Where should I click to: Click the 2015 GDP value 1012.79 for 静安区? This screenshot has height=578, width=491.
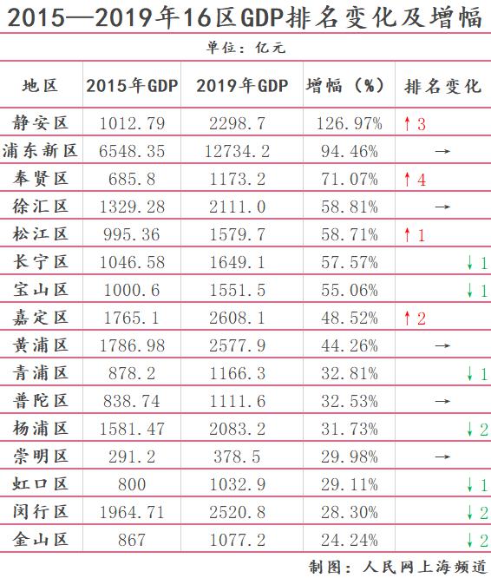[x=132, y=123]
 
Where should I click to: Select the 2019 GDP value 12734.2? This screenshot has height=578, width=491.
[x=237, y=151]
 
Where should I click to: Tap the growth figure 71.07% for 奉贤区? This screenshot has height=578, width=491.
[x=350, y=179]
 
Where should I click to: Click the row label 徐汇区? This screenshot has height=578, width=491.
[x=41, y=206]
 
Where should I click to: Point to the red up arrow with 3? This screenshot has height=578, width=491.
[x=415, y=124]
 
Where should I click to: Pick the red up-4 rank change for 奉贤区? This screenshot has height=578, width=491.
[x=415, y=180]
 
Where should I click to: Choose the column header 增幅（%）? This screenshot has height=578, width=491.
[x=345, y=86]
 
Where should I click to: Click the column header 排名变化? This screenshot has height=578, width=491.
[x=442, y=86]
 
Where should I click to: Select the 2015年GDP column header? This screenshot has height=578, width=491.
[x=132, y=86]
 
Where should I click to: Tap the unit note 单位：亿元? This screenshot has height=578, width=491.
[x=245, y=48]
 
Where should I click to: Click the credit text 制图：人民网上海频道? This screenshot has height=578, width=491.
[x=398, y=567]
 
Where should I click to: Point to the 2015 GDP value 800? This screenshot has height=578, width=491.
[x=132, y=484]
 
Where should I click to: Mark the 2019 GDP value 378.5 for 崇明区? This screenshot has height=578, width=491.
[x=237, y=456]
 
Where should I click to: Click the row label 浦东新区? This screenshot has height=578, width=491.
[x=40, y=150]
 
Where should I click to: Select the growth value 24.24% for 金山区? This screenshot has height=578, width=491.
[x=350, y=541]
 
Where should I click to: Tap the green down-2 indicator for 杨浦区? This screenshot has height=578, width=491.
[x=477, y=430]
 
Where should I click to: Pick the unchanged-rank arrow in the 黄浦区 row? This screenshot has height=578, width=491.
[x=442, y=345]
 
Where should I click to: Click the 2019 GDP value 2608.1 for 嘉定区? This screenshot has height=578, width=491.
[x=237, y=318]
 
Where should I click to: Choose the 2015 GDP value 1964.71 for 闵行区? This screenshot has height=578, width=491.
[x=132, y=512]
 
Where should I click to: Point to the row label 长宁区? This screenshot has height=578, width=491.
[x=41, y=262]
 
